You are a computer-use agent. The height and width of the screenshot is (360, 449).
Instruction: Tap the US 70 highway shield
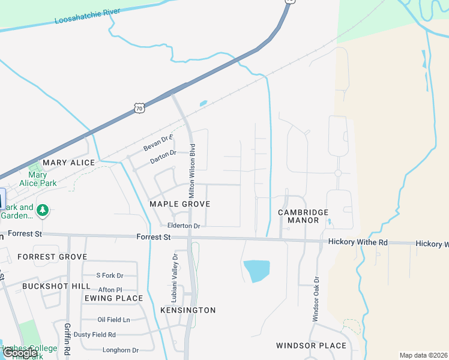coord(139,108)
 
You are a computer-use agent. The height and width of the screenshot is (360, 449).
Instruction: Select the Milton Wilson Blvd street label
coord(193,171)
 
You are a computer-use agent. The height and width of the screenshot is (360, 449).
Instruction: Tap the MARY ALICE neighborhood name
coord(69,163)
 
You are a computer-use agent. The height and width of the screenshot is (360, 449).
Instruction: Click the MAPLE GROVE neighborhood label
coord(179,204)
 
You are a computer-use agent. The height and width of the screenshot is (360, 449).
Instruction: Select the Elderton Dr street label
coord(183,226)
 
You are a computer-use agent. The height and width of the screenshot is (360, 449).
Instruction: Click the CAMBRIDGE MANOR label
coord(303,216)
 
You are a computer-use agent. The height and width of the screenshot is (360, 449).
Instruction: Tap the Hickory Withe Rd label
coord(358,242)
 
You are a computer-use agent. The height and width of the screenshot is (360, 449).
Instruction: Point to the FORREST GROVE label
coord(52,257)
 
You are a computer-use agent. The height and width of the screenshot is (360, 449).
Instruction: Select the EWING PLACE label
coord(113,298)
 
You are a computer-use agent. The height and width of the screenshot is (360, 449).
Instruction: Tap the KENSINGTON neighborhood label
coord(188,310)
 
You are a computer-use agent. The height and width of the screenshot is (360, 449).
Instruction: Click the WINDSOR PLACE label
coord(311,346)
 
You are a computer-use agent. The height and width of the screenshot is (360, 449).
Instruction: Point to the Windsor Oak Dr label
coord(315,299)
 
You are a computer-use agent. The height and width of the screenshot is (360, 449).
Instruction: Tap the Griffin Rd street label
coord(67,340)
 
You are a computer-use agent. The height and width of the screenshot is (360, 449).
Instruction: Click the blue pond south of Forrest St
coord(257,271)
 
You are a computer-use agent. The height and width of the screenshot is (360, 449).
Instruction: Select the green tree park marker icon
coord(42,211)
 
